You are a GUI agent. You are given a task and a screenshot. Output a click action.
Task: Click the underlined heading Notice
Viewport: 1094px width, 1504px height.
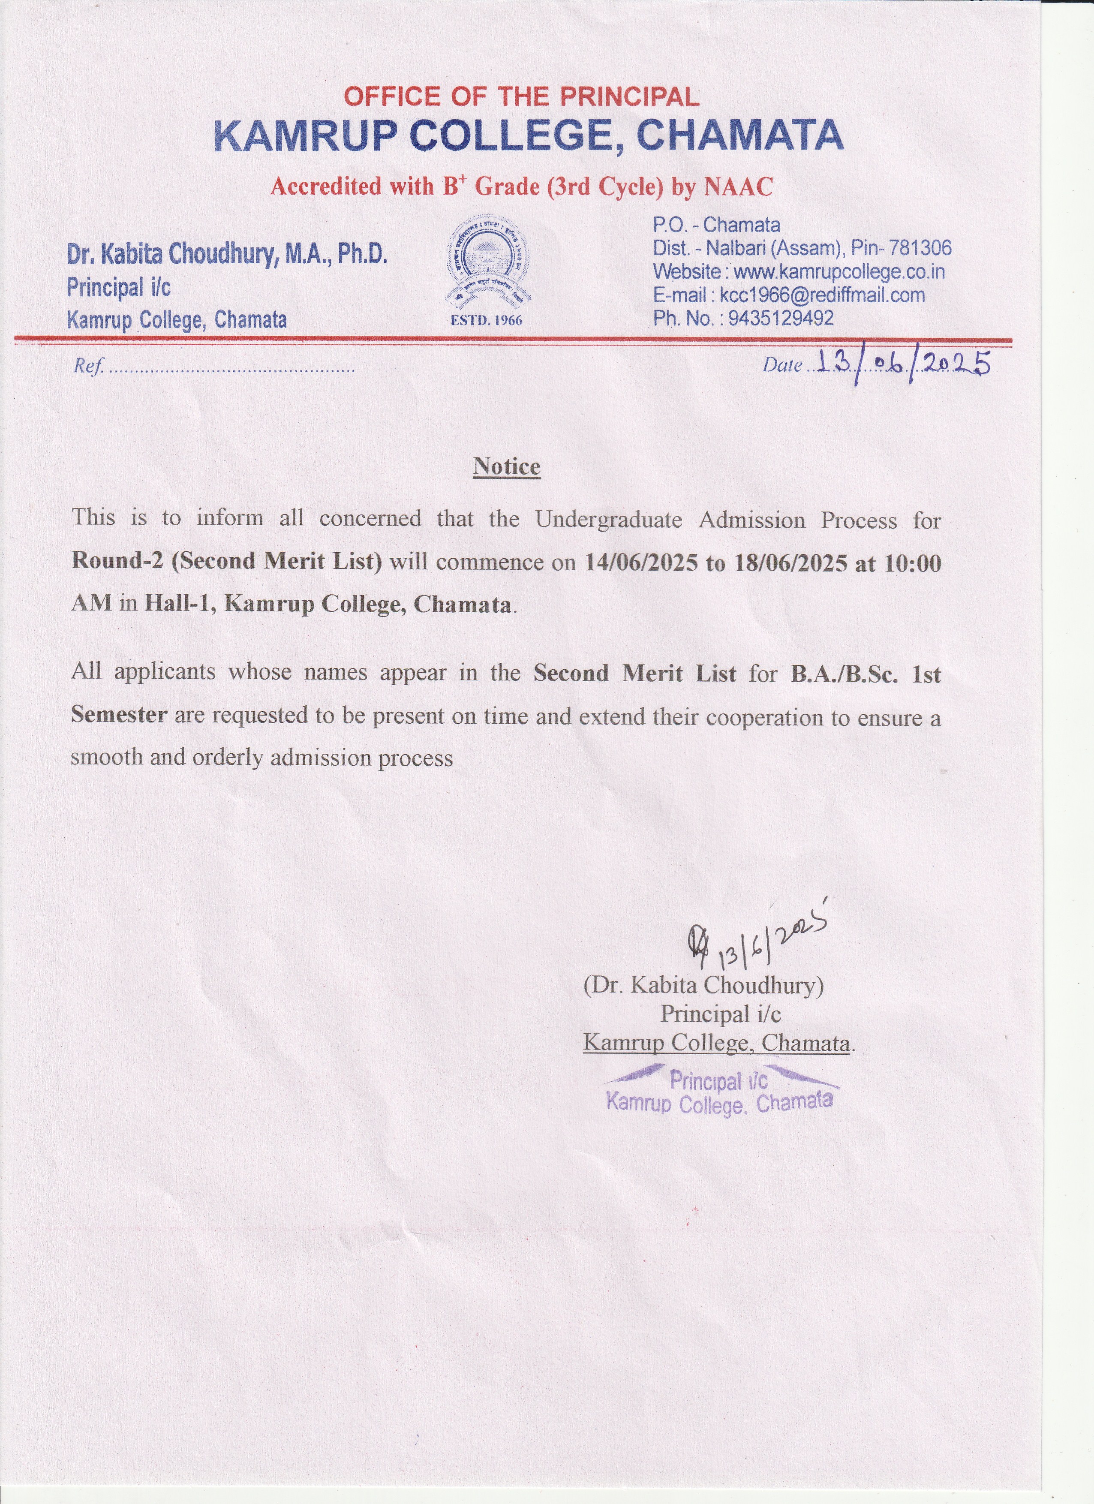click(x=507, y=466)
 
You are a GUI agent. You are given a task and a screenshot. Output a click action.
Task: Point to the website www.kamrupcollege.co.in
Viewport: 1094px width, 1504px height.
click(x=839, y=272)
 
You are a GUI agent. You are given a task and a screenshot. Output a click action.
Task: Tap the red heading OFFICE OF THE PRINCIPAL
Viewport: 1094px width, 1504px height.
click(x=521, y=97)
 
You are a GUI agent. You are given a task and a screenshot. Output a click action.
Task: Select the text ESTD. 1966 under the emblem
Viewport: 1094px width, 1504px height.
click(x=487, y=320)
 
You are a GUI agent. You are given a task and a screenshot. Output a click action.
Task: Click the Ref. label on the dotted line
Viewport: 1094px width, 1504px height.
click(x=88, y=366)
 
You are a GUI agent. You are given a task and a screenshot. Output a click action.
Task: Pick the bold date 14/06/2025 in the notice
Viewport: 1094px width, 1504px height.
click(x=641, y=563)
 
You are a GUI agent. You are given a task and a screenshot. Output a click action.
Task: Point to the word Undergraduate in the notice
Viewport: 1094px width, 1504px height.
click(x=609, y=519)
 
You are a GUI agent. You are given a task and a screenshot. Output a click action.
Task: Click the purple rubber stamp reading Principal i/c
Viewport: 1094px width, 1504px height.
click(x=719, y=1091)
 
